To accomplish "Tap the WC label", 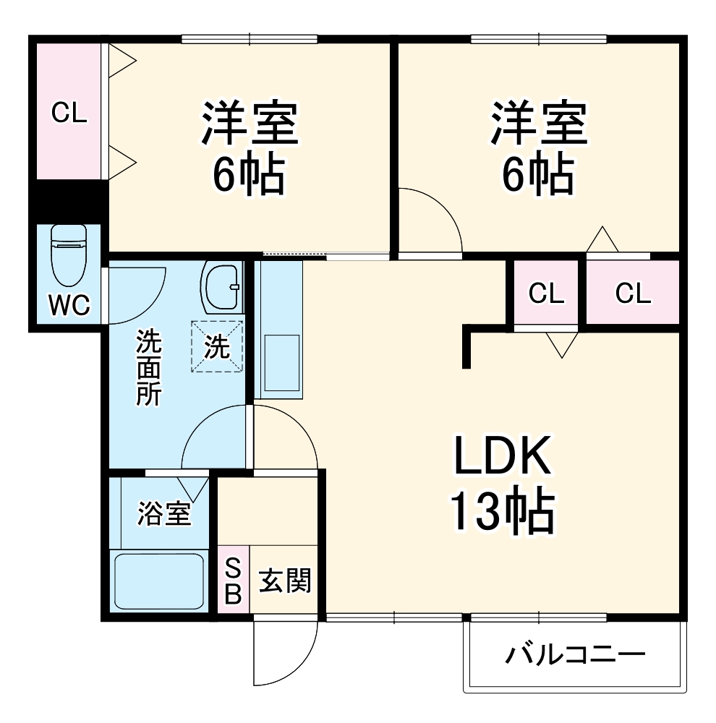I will pos(69,306).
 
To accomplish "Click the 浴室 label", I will pos(164,514).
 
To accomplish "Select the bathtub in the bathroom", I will pos(160,581).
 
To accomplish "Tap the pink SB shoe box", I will pos(233,580).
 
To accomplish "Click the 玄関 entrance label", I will pos(285,580).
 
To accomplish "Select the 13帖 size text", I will pos(503,511).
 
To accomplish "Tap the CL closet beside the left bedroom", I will pos(69,111).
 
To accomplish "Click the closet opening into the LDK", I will pos(546,294).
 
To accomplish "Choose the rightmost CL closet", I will pos(633,294).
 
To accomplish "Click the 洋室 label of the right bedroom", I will pos(538,124).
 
